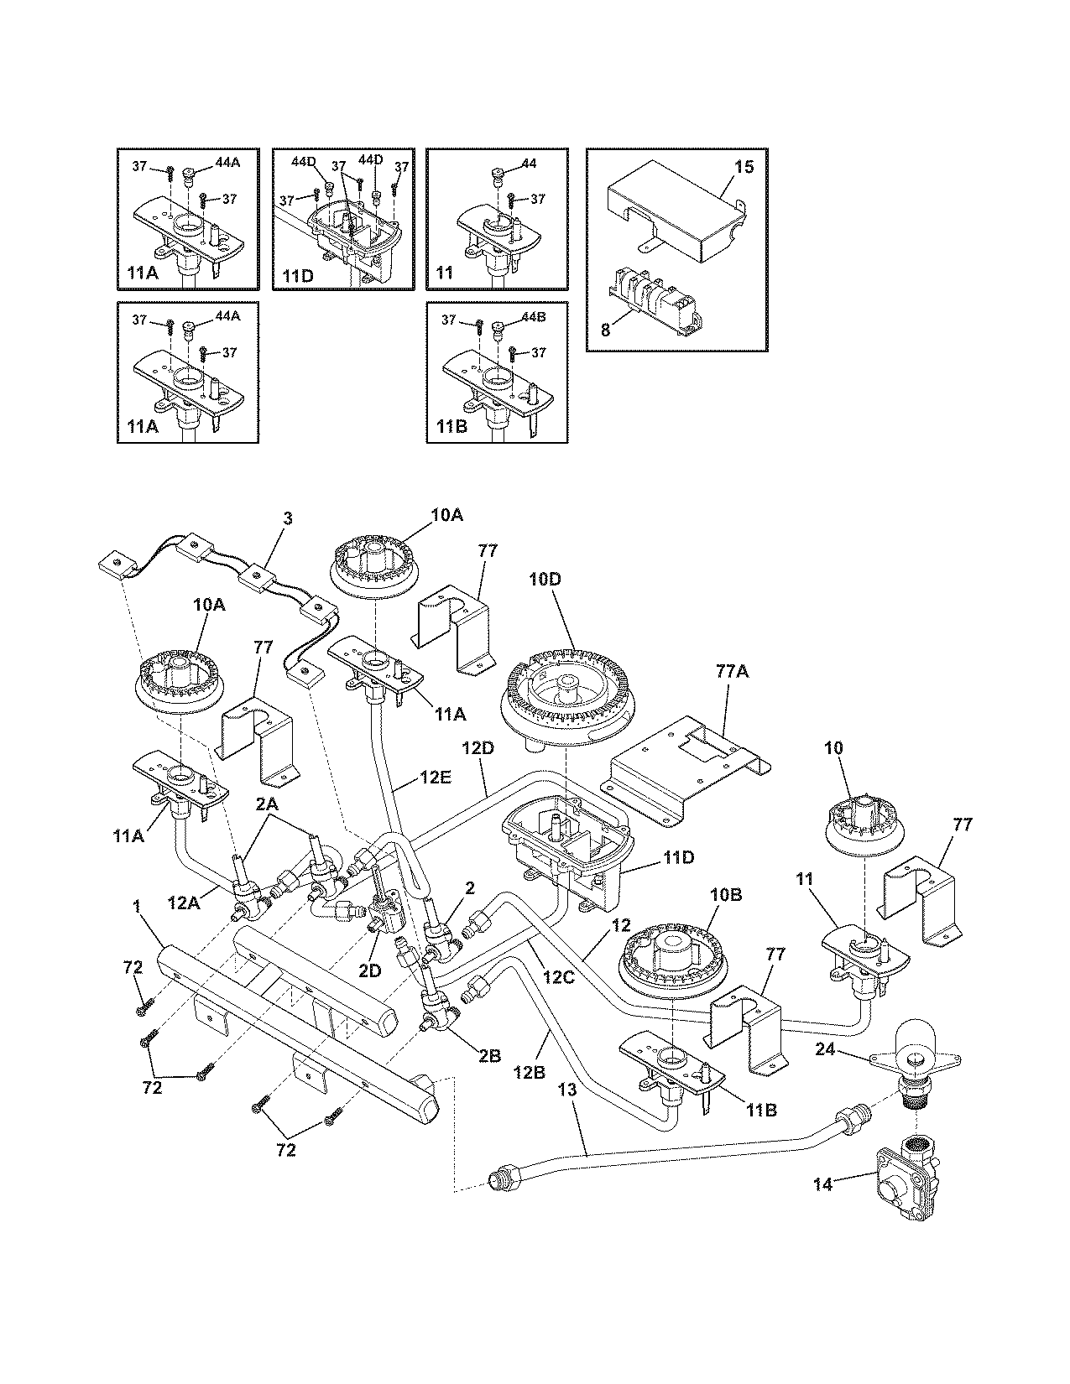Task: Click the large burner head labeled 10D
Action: tap(568, 686)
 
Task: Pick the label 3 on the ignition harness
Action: tap(288, 519)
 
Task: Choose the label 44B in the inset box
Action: tap(534, 319)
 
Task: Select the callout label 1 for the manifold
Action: tap(136, 906)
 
